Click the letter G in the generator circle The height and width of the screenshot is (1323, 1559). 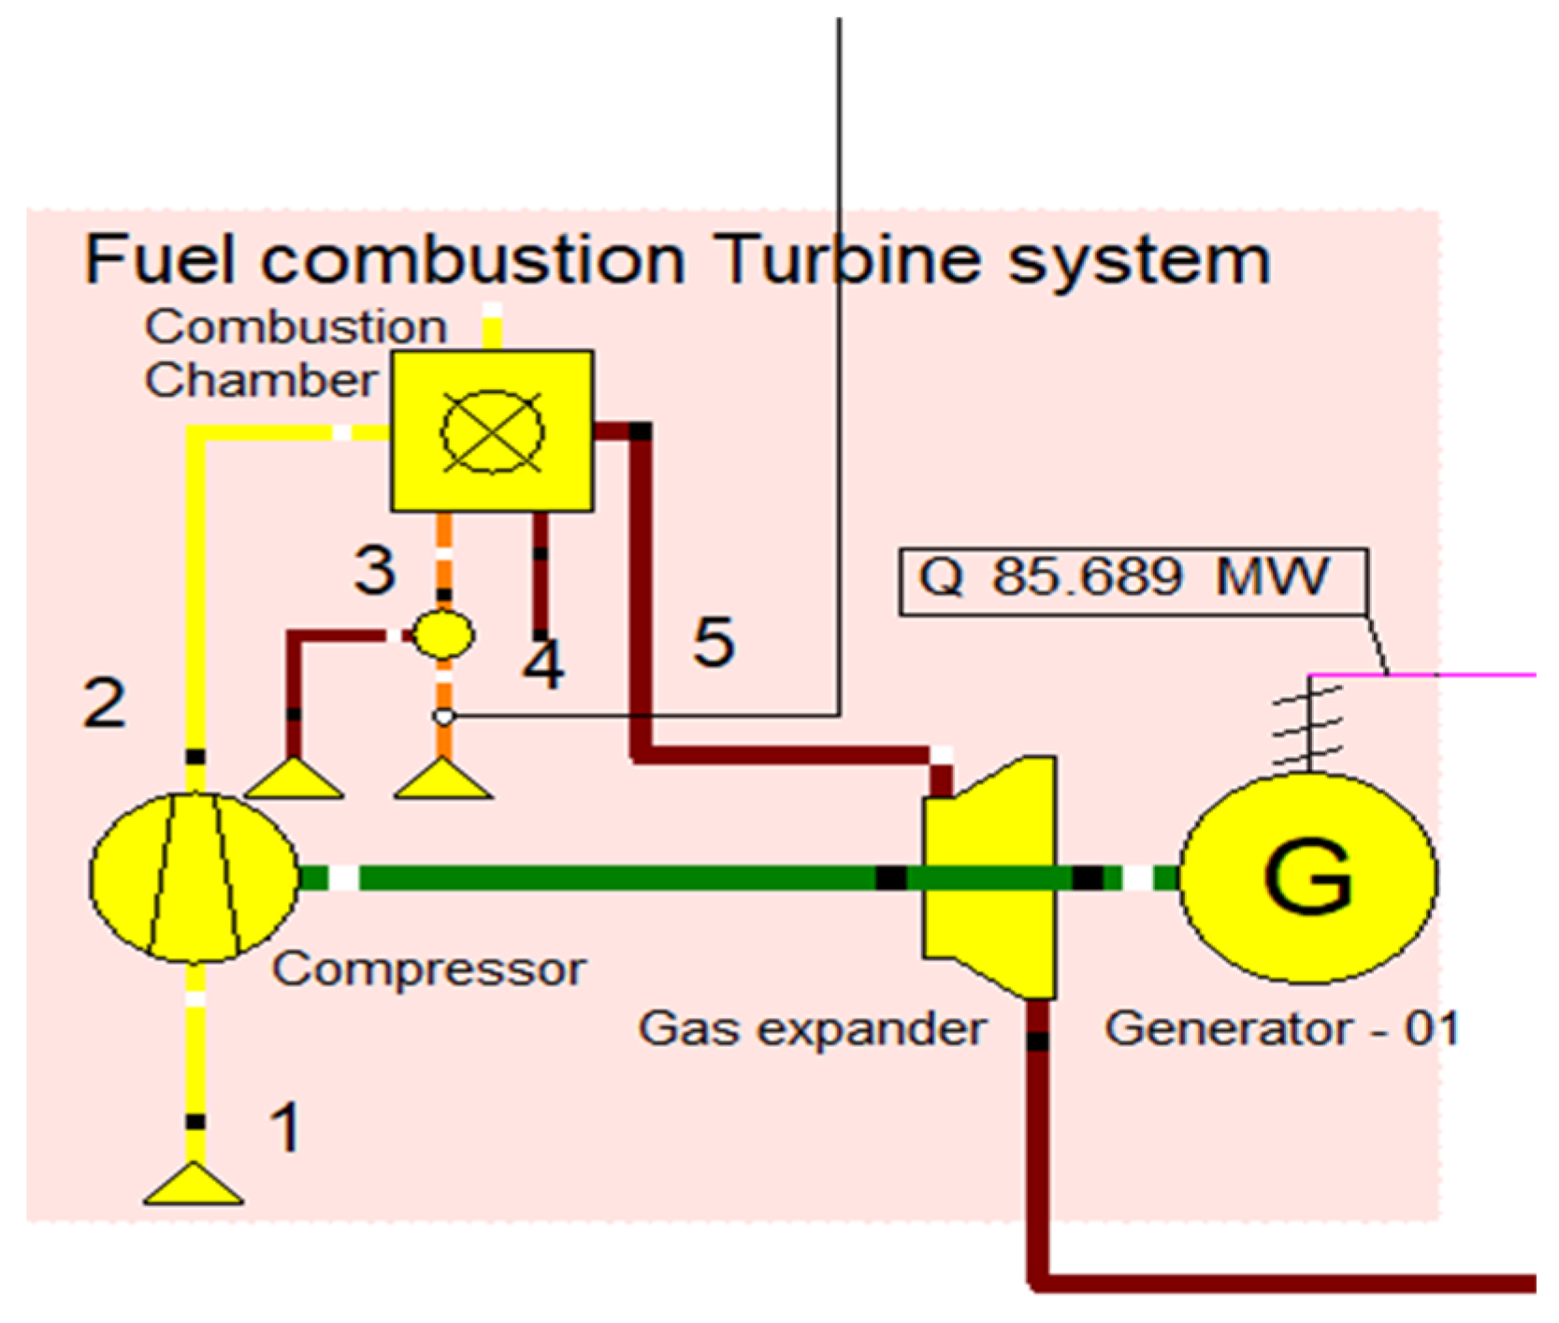click(x=1308, y=877)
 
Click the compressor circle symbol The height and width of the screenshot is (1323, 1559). click(x=195, y=877)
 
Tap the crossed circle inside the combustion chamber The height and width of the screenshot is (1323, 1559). click(x=491, y=431)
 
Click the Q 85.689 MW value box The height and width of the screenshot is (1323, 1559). click(x=1132, y=580)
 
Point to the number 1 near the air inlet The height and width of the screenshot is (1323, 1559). click(x=285, y=1127)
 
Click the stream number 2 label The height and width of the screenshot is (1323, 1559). click(x=103, y=704)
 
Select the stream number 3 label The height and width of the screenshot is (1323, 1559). click(x=375, y=570)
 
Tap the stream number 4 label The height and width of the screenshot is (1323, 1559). click(x=543, y=665)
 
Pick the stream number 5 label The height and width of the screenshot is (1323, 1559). click(x=714, y=643)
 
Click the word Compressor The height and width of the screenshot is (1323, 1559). click(x=428, y=969)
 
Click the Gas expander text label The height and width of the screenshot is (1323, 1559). click(x=812, y=1029)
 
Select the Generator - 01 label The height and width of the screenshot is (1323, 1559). click(x=1281, y=1029)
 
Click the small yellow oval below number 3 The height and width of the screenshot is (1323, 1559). click(x=443, y=634)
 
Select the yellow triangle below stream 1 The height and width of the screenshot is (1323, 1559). click(x=194, y=1185)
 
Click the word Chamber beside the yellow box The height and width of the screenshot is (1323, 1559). click(x=260, y=381)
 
